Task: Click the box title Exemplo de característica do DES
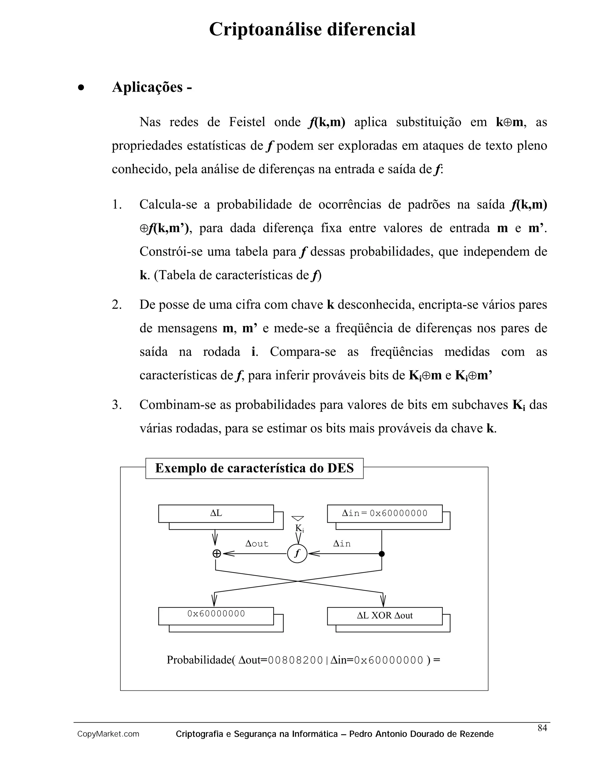(254, 468)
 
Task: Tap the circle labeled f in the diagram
(297, 554)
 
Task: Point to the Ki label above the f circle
(299, 529)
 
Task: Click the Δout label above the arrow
(257, 544)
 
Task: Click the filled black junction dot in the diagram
(382, 554)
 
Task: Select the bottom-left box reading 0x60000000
(216, 614)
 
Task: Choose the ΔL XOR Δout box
(384, 615)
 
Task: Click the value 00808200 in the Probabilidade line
(295, 660)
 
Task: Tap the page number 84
(542, 728)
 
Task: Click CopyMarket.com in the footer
(108, 734)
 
